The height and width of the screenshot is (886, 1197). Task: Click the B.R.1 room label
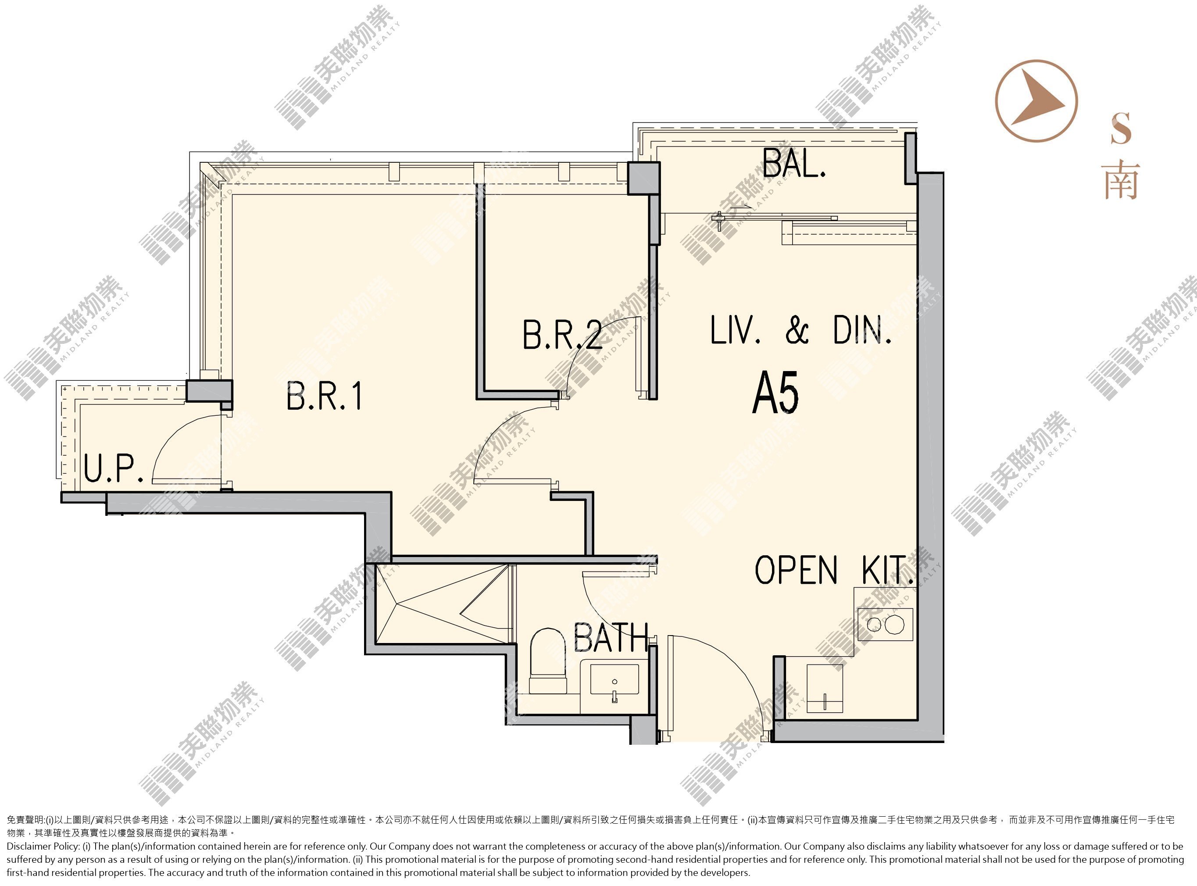pos(325,396)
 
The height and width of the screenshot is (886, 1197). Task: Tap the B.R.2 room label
pos(562,335)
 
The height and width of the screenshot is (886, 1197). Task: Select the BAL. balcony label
pos(794,162)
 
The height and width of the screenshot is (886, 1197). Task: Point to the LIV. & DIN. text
pos(800,329)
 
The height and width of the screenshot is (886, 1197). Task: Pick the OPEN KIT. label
pos(834,570)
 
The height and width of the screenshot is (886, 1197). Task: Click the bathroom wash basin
pos(615,682)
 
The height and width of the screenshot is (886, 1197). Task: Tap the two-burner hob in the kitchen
pos(885,624)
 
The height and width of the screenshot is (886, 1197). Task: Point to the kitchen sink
pos(825,689)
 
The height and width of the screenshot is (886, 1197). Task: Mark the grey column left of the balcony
pos(643,178)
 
